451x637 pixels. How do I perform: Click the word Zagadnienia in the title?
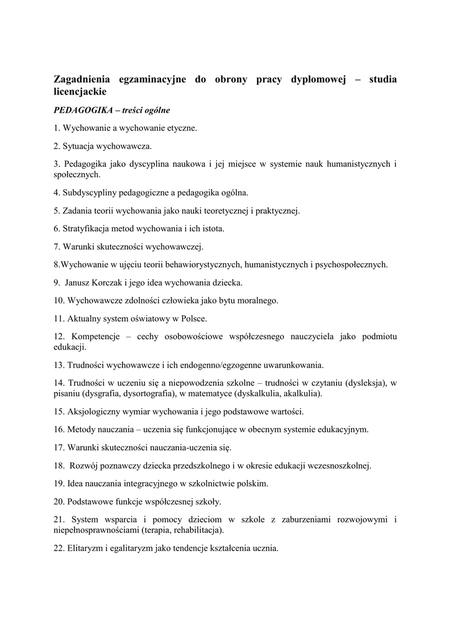pyautogui.click(x=83, y=80)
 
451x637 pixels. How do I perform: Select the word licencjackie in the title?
pyautogui.click(x=80, y=91)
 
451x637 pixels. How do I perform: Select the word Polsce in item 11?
pyautogui.click(x=193, y=318)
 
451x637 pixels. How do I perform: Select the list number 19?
pyautogui.click(x=59, y=483)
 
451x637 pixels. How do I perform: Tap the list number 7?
pyautogui.click(x=57, y=246)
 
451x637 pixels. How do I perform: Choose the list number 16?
pyautogui.click(x=59, y=429)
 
